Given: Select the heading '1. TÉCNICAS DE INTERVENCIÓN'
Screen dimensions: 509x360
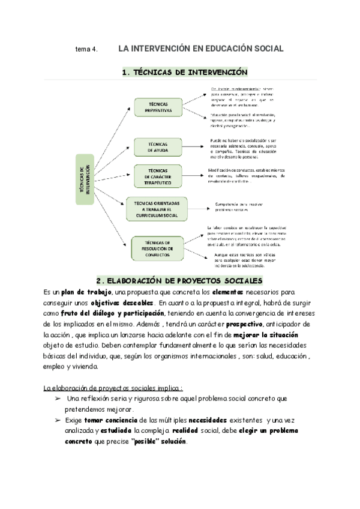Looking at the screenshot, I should [x=184, y=72].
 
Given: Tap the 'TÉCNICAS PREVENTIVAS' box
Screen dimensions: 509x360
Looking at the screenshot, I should [x=158, y=107].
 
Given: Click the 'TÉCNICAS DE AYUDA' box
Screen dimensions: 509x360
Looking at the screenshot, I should [x=158, y=146].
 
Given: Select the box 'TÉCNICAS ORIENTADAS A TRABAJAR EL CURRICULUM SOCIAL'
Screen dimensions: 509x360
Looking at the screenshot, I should [x=157, y=208].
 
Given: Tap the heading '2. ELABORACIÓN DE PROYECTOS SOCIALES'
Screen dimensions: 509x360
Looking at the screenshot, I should [x=181, y=281].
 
